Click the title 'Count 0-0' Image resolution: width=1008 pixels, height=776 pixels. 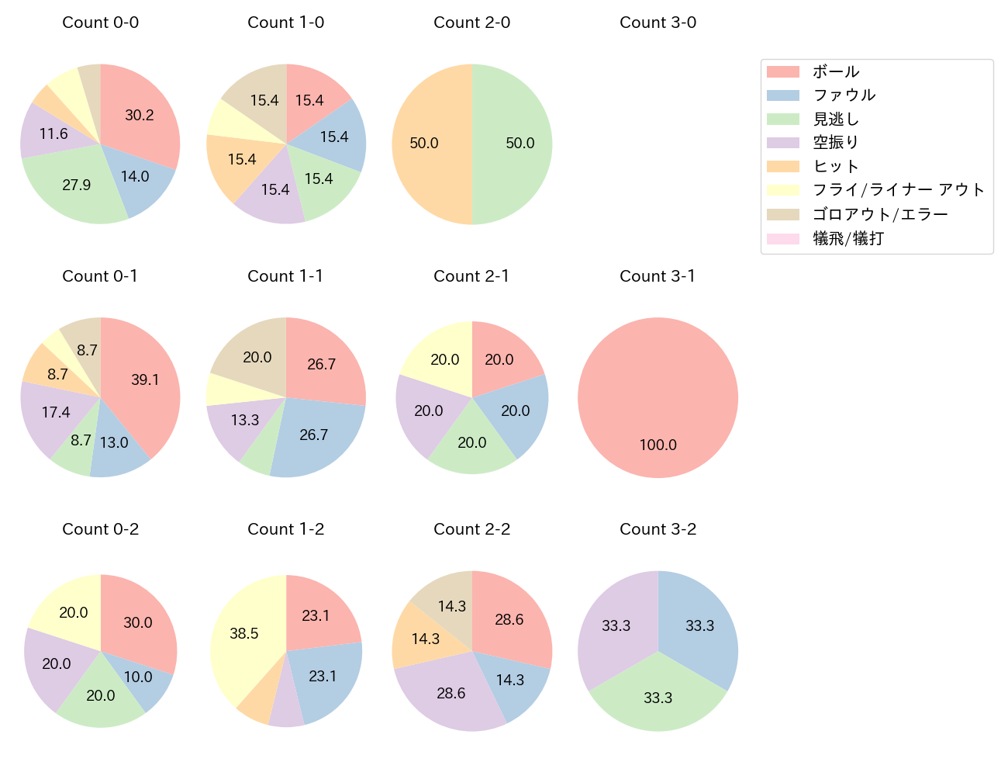pos(100,23)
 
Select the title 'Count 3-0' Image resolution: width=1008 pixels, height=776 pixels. pos(658,23)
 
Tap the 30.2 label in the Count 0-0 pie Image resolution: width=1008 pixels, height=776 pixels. pos(140,116)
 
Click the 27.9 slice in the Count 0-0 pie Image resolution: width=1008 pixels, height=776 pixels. pos(77,185)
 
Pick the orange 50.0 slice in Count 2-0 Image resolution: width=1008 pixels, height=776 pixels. pos(425,144)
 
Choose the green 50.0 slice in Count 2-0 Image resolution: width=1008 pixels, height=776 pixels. pos(520,144)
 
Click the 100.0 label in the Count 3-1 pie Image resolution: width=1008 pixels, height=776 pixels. pos(658,445)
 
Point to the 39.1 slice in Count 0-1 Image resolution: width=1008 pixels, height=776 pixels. pos(145,379)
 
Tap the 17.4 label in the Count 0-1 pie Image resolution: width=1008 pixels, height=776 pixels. pos(56,412)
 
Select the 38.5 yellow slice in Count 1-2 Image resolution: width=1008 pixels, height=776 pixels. pos(244,633)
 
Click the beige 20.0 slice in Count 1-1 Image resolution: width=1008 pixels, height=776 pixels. pos(257,357)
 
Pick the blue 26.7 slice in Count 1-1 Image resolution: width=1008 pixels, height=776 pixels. pos(313,435)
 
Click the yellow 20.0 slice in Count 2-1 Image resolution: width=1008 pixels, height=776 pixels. pos(445,359)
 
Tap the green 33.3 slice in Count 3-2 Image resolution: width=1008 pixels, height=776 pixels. pos(658,698)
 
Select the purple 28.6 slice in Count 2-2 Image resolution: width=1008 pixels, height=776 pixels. pos(450,693)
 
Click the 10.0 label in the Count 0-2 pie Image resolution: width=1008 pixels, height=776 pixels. pos(138,677)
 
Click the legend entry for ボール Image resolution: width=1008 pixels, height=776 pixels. pos(836,72)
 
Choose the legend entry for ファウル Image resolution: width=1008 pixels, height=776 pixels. pos(844,95)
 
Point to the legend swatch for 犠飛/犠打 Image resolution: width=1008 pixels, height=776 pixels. pos(782,239)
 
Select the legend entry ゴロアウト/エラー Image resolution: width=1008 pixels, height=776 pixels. pos(880,214)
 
